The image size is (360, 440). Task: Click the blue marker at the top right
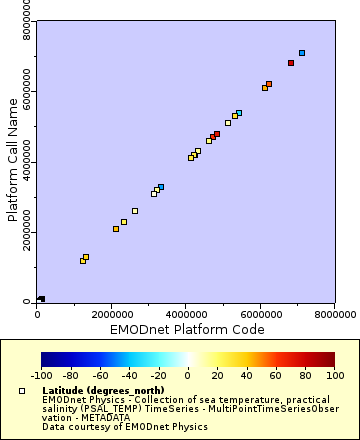pyautogui.click(x=302, y=53)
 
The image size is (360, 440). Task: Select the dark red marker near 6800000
pyautogui.click(x=291, y=63)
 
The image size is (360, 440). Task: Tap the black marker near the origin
pyautogui.click(x=41, y=299)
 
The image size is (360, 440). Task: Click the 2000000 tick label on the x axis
pyautogui.click(x=111, y=315)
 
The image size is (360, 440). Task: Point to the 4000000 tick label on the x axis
pyautogui.click(x=185, y=315)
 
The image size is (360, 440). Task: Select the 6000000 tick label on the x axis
pyautogui.click(x=259, y=315)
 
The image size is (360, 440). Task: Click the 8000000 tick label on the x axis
pyautogui.click(x=333, y=315)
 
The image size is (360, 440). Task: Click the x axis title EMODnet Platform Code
pyautogui.click(x=185, y=328)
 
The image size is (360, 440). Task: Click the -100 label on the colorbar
pyautogui.click(x=41, y=377)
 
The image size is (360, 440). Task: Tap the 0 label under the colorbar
pyautogui.click(x=188, y=377)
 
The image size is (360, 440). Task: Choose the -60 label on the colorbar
pyautogui.click(x=100, y=377)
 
